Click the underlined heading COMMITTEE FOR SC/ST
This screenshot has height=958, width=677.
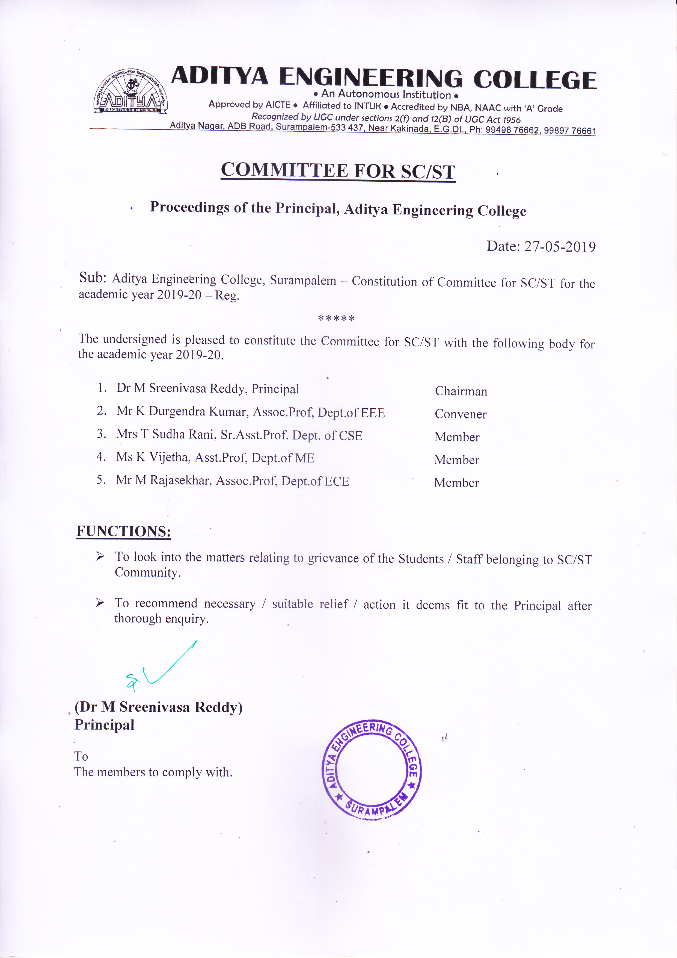[338, 171]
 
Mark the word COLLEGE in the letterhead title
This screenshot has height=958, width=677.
[535, 80]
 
